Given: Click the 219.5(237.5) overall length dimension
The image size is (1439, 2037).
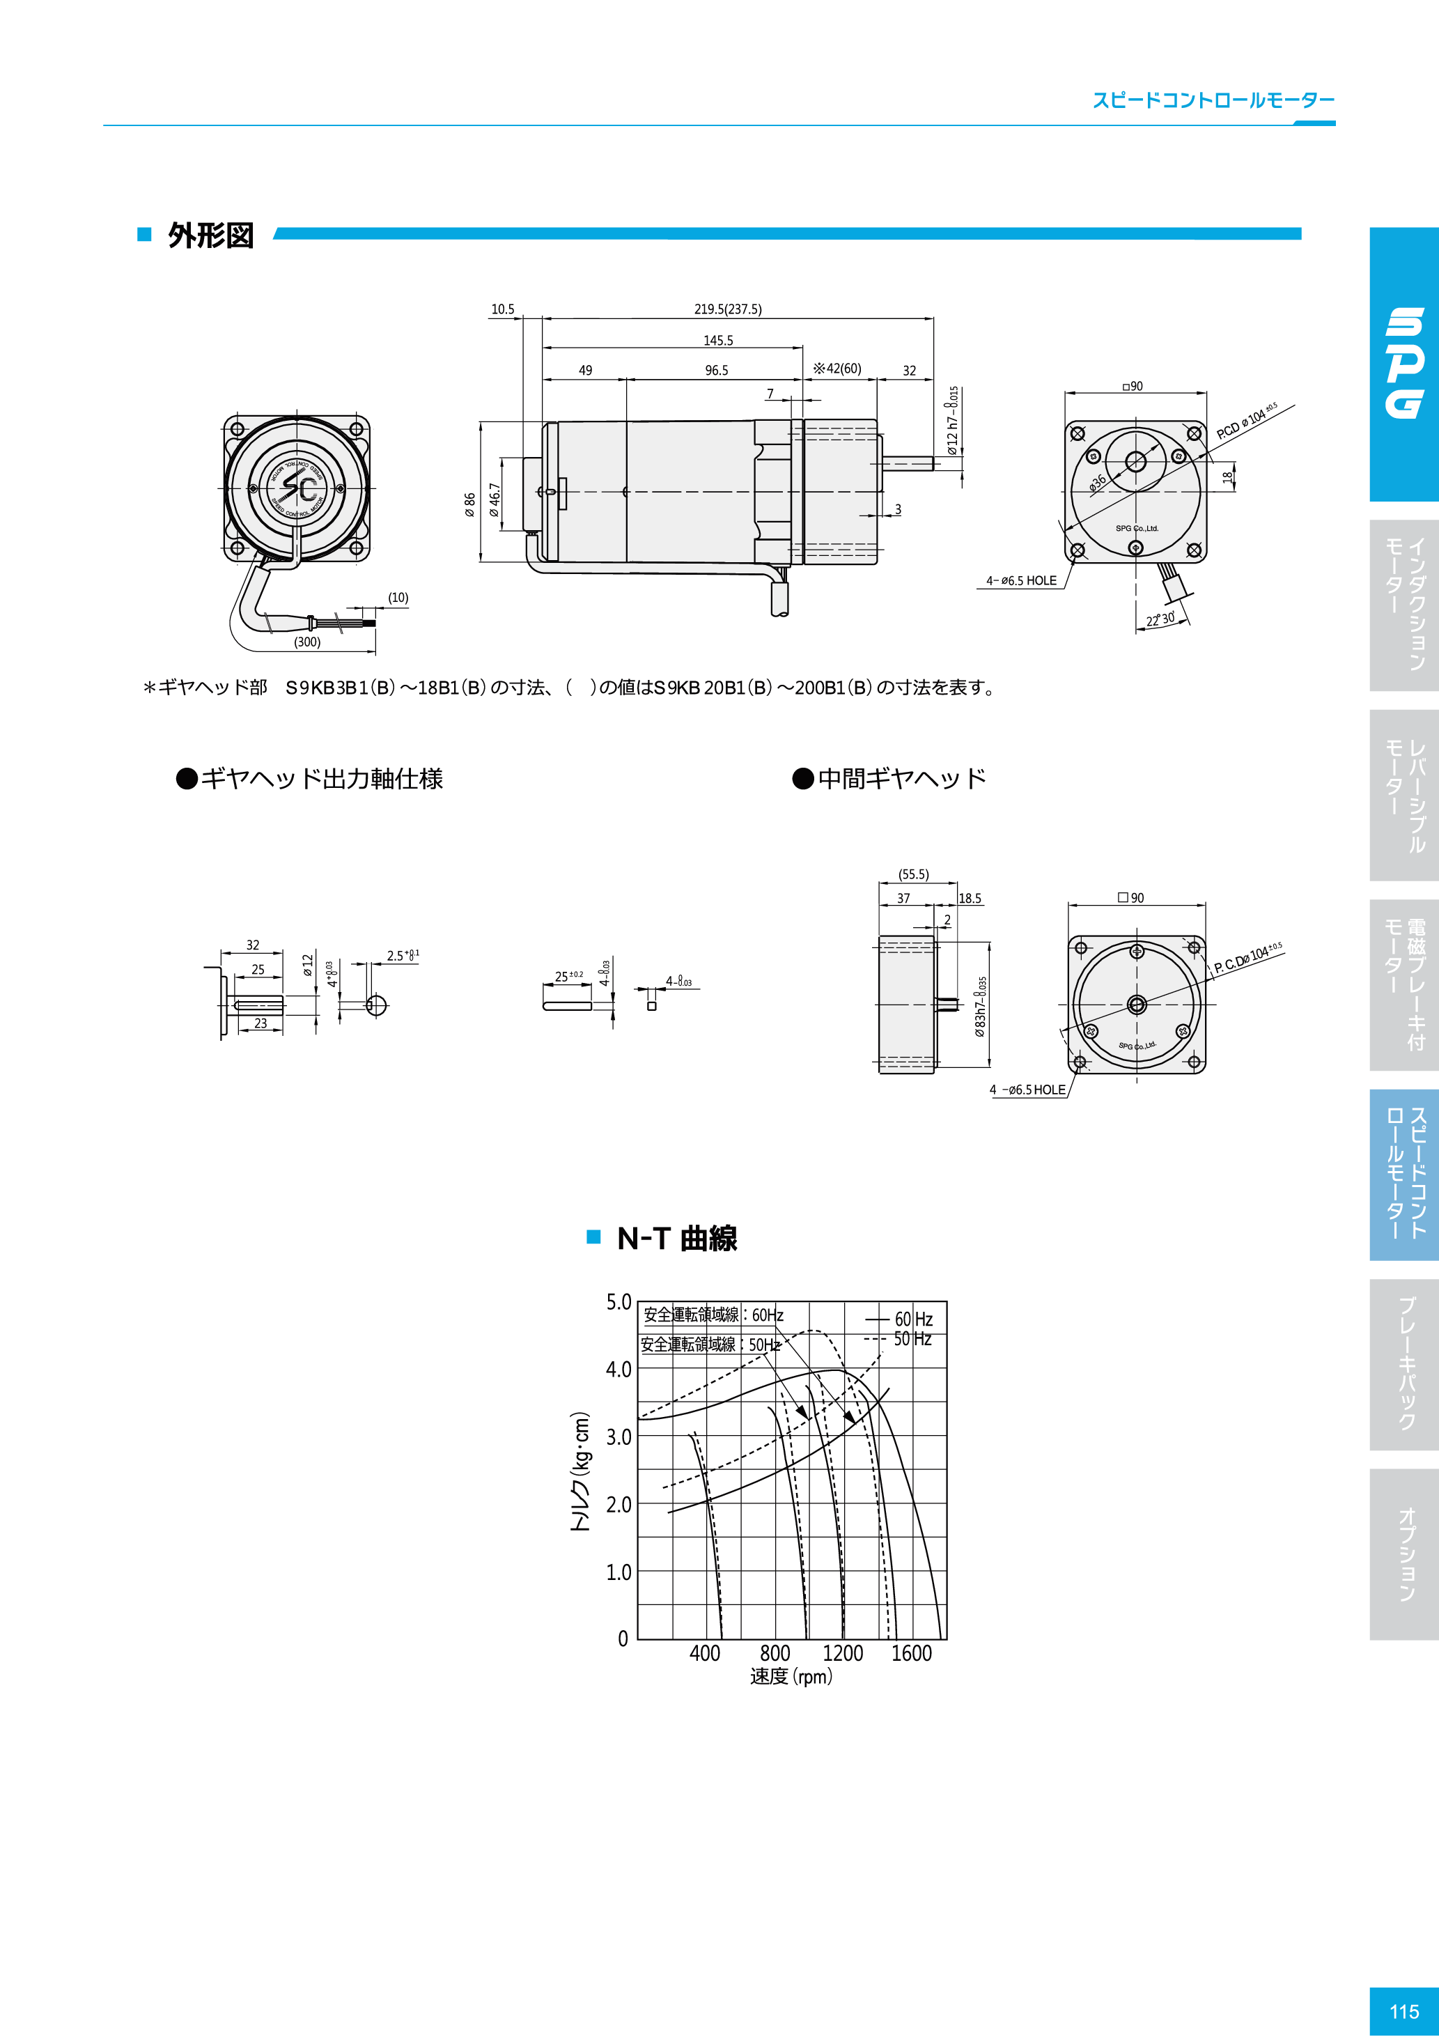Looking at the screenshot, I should pos(727,309).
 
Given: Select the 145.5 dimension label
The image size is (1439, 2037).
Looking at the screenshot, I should pos(717,341).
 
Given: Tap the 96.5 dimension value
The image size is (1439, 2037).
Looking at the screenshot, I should pos(716,371).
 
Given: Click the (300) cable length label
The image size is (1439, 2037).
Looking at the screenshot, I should pos(307,642).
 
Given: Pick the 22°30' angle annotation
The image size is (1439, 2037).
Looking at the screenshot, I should pos(1160,619).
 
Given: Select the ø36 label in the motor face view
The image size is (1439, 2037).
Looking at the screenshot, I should pos(1098,482).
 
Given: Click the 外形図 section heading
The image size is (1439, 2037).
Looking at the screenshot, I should pos(211,236).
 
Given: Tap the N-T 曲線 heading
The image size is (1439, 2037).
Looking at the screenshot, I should pos(677,1239).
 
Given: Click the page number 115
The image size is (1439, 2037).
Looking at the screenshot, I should pos(1403,2011).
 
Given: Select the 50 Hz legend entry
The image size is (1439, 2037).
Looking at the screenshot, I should pos(912,1339).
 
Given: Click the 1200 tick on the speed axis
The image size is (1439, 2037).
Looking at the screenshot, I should pos(842,1654).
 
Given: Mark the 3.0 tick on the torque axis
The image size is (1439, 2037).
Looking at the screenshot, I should pos(619,1436).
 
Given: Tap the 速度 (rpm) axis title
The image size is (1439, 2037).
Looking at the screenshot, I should pos(791,1676).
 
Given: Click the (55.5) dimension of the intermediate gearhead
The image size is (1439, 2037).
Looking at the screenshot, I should pos(914,874).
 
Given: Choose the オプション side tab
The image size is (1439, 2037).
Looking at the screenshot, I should pos(1406,1555).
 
